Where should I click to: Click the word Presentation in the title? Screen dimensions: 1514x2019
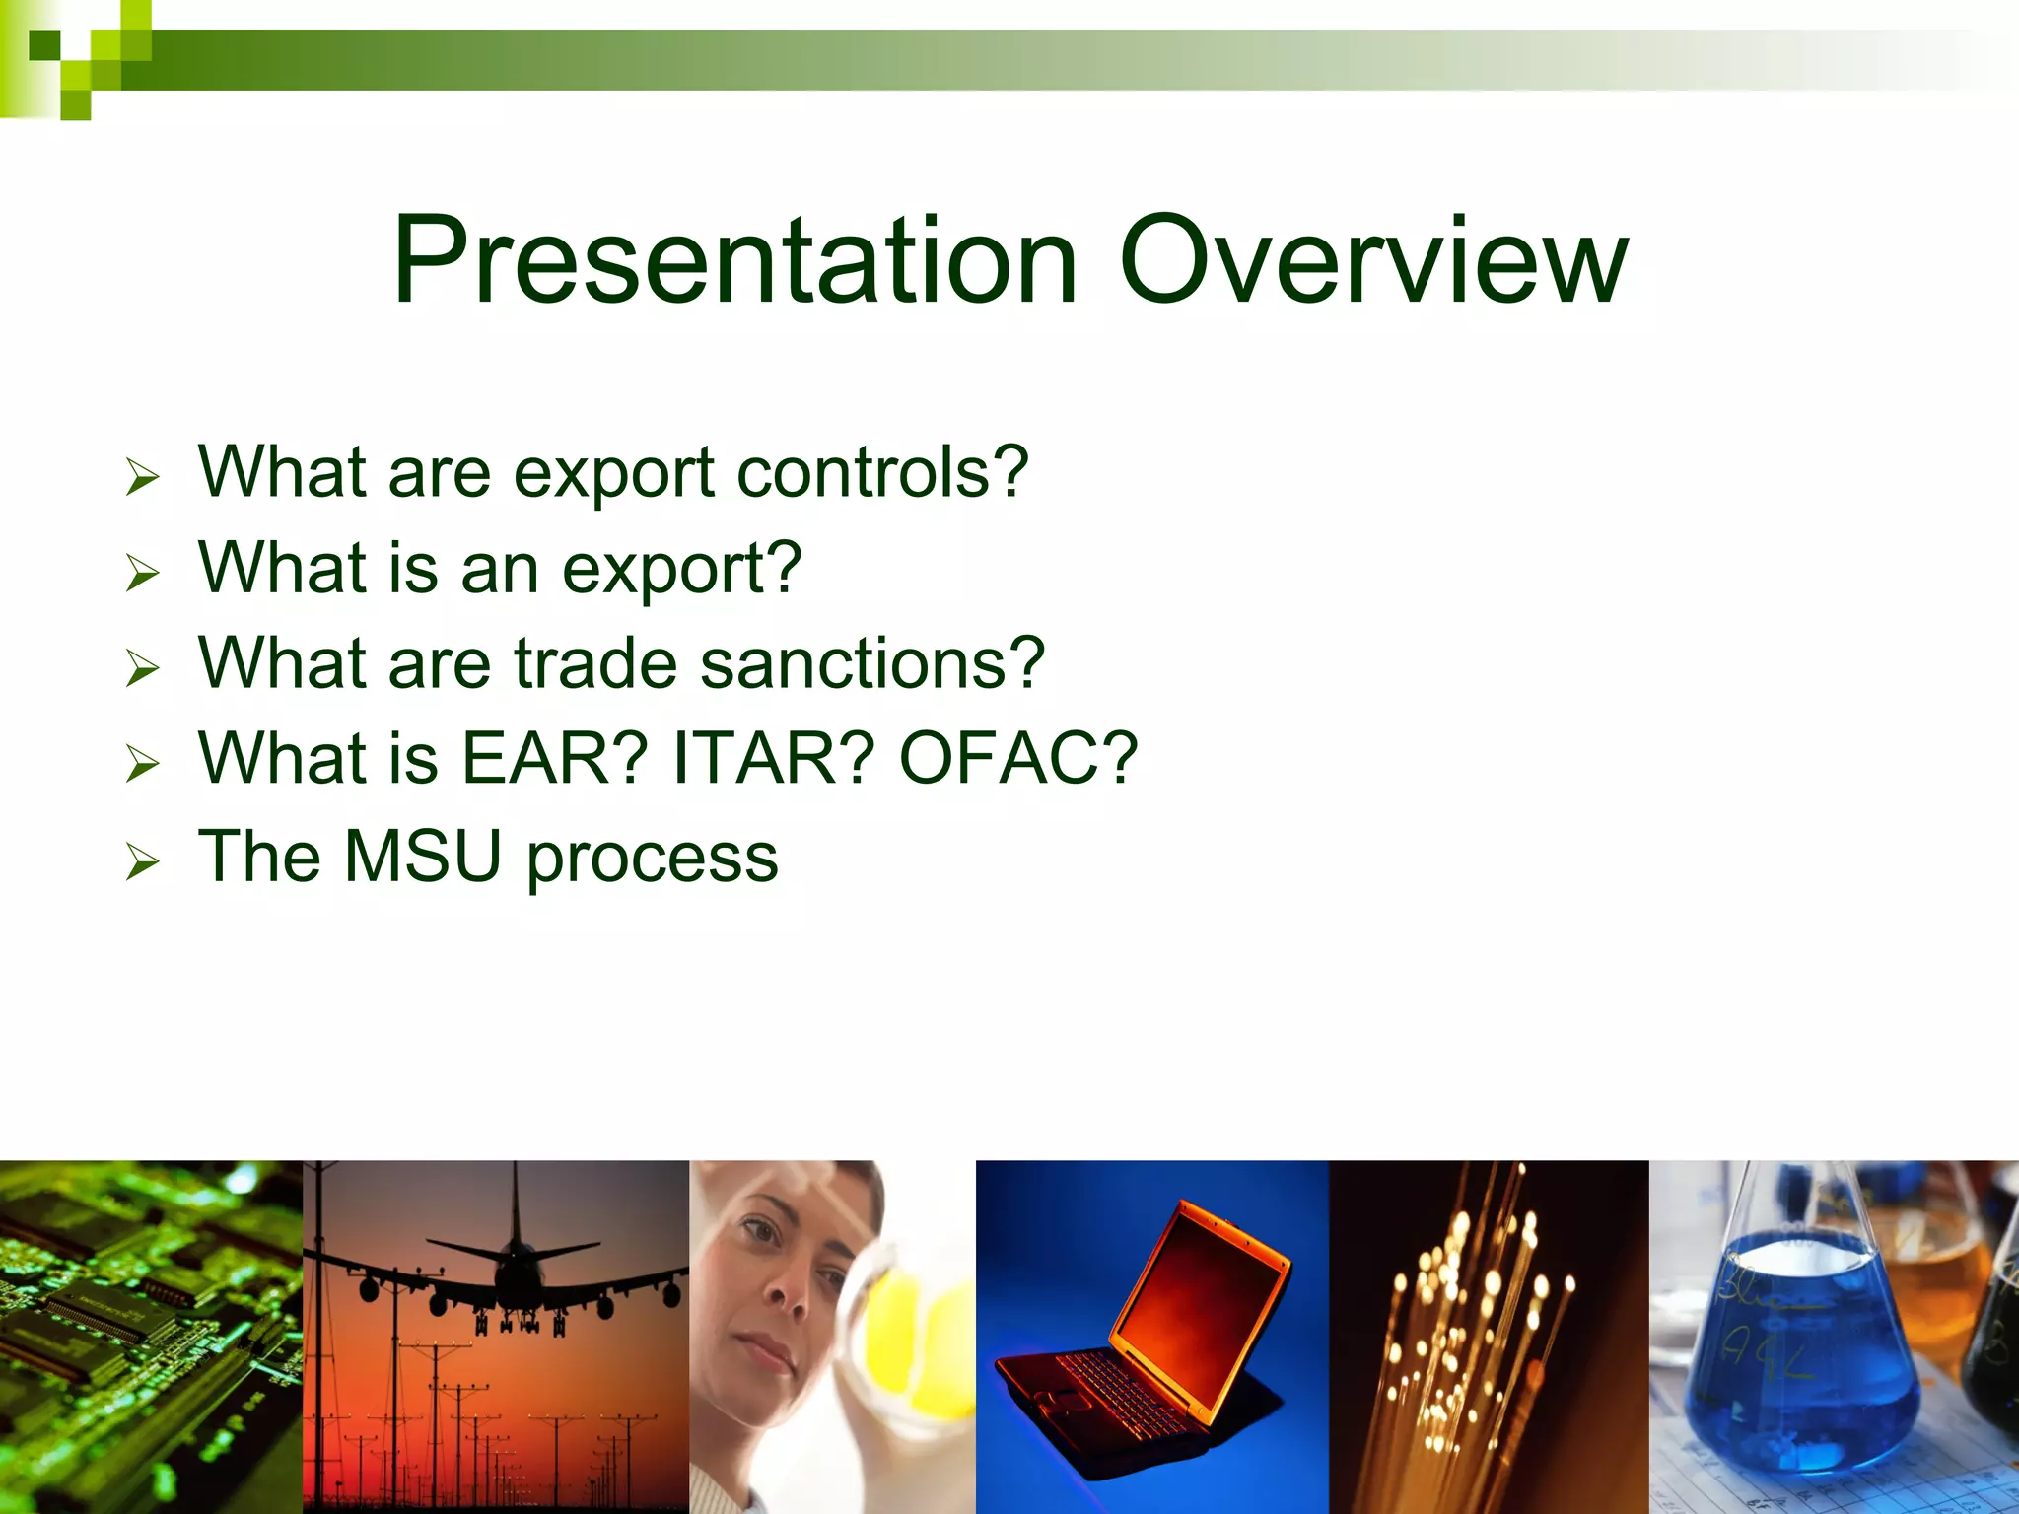click(x=734, y=261)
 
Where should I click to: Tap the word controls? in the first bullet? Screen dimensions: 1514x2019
click(x=882, y=472)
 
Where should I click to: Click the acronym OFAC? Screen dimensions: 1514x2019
click(x=1017, y=758)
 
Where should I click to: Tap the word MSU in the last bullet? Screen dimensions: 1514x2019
click(x=423, y=856)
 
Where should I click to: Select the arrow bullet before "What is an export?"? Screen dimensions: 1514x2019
click(x=142, y=573)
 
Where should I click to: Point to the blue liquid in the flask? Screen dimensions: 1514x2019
click(x=1804, y=1370)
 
